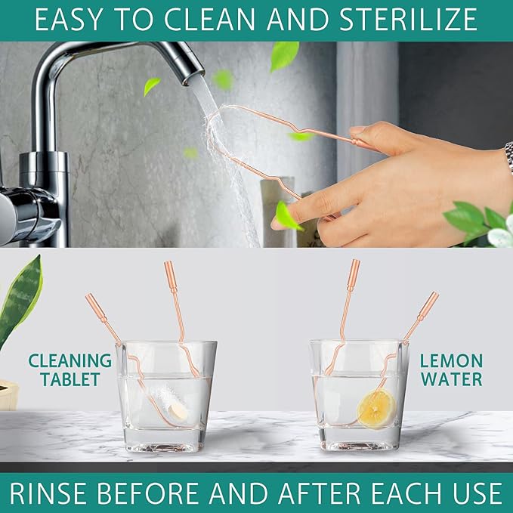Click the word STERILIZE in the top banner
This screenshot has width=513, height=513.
pyautogui.click(x=408, y=20)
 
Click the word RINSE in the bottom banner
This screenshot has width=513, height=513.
pyautogui.click(x=48, y=493)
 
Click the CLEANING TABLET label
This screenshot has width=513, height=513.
pyautogui.click(x=70, y=370)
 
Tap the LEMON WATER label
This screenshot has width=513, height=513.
pyautogui.click(x=451, y=370)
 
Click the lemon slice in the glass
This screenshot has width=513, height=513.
pyautogui.click(x=376, y=409)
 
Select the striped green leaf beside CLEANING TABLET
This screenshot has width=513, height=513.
pyautogui.click(x=20, y=301)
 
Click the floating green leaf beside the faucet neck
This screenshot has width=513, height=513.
pyautogui.click(x=152, y=85)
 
